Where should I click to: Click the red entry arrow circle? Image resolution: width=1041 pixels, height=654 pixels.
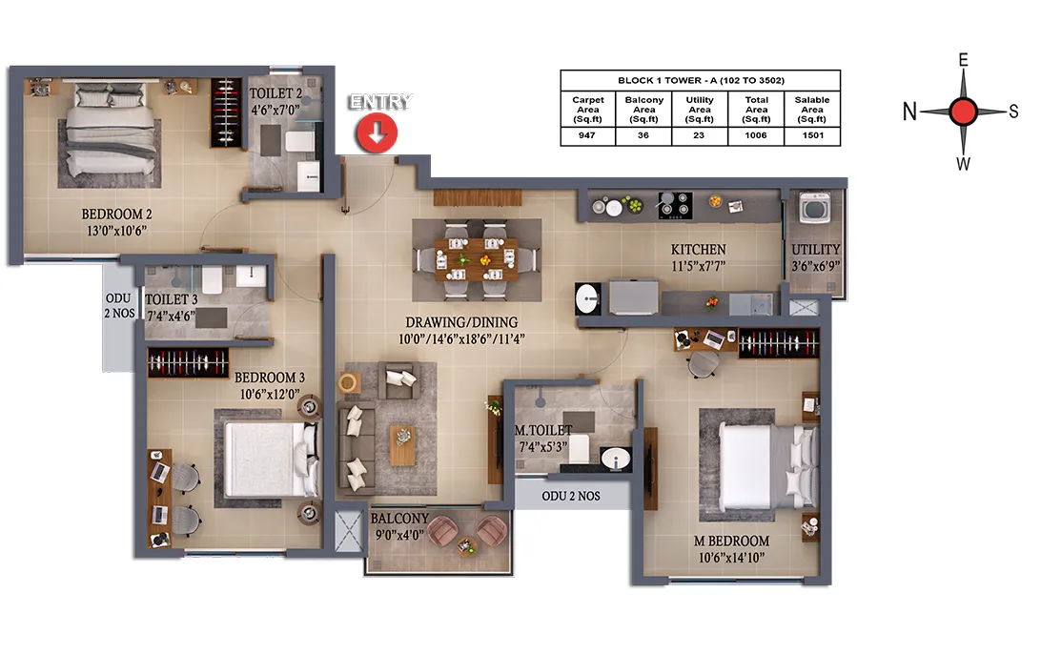pyautogui.click(x=377, y=133)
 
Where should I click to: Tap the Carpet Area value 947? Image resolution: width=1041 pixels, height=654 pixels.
pyautogui.click(x=587, y=135)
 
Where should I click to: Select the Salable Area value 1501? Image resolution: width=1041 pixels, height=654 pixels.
pyautogui.click(x=812, y=135)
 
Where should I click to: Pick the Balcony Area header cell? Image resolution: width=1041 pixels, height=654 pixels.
pyautogui.click(x=644, y=110)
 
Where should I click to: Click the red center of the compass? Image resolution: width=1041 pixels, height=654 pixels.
pyautogui.click(x=963, y=112)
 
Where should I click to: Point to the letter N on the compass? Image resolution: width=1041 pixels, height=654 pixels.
pyautogui.click(x=909, y=112)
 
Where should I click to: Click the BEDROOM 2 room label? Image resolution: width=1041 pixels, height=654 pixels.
pyautogui.click(x=117, y=214)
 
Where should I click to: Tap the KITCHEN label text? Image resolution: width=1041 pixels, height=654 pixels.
pyautogui.click(x=699, y=250)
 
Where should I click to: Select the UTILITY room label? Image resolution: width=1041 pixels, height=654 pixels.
pyautogui.click(x=816, y=250)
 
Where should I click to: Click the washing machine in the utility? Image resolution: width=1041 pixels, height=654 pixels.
pyautogui.click(x=815, y=208)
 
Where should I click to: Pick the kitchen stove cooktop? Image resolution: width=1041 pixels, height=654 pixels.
pyautogui.click(x=675, y=205)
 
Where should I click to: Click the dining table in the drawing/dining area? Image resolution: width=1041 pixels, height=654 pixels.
pyautogui.click(x=476, y=259)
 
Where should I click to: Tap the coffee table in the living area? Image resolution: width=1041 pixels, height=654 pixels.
pyautogui.click(x=402, y=445)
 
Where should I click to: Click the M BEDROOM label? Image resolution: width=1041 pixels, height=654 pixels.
pyautogui.click(x=731, y=542)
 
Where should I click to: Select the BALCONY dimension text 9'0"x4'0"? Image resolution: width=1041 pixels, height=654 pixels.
pyautogui.click(x=399, y=535)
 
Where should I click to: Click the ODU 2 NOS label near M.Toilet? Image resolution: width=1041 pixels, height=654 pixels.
pyautogui.click(x=571, y=496)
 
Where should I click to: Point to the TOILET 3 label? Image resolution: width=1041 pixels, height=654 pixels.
pyautogui.click(x=172, y=299)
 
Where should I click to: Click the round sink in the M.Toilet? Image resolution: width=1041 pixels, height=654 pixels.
pyautogui.click(x=616, y=459)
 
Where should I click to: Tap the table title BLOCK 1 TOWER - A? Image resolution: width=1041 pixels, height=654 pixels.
pyautogui.click(x=701, y=80)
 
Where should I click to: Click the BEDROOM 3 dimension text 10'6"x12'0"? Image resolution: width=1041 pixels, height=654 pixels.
pyautogui.click(x=270, y=395)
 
